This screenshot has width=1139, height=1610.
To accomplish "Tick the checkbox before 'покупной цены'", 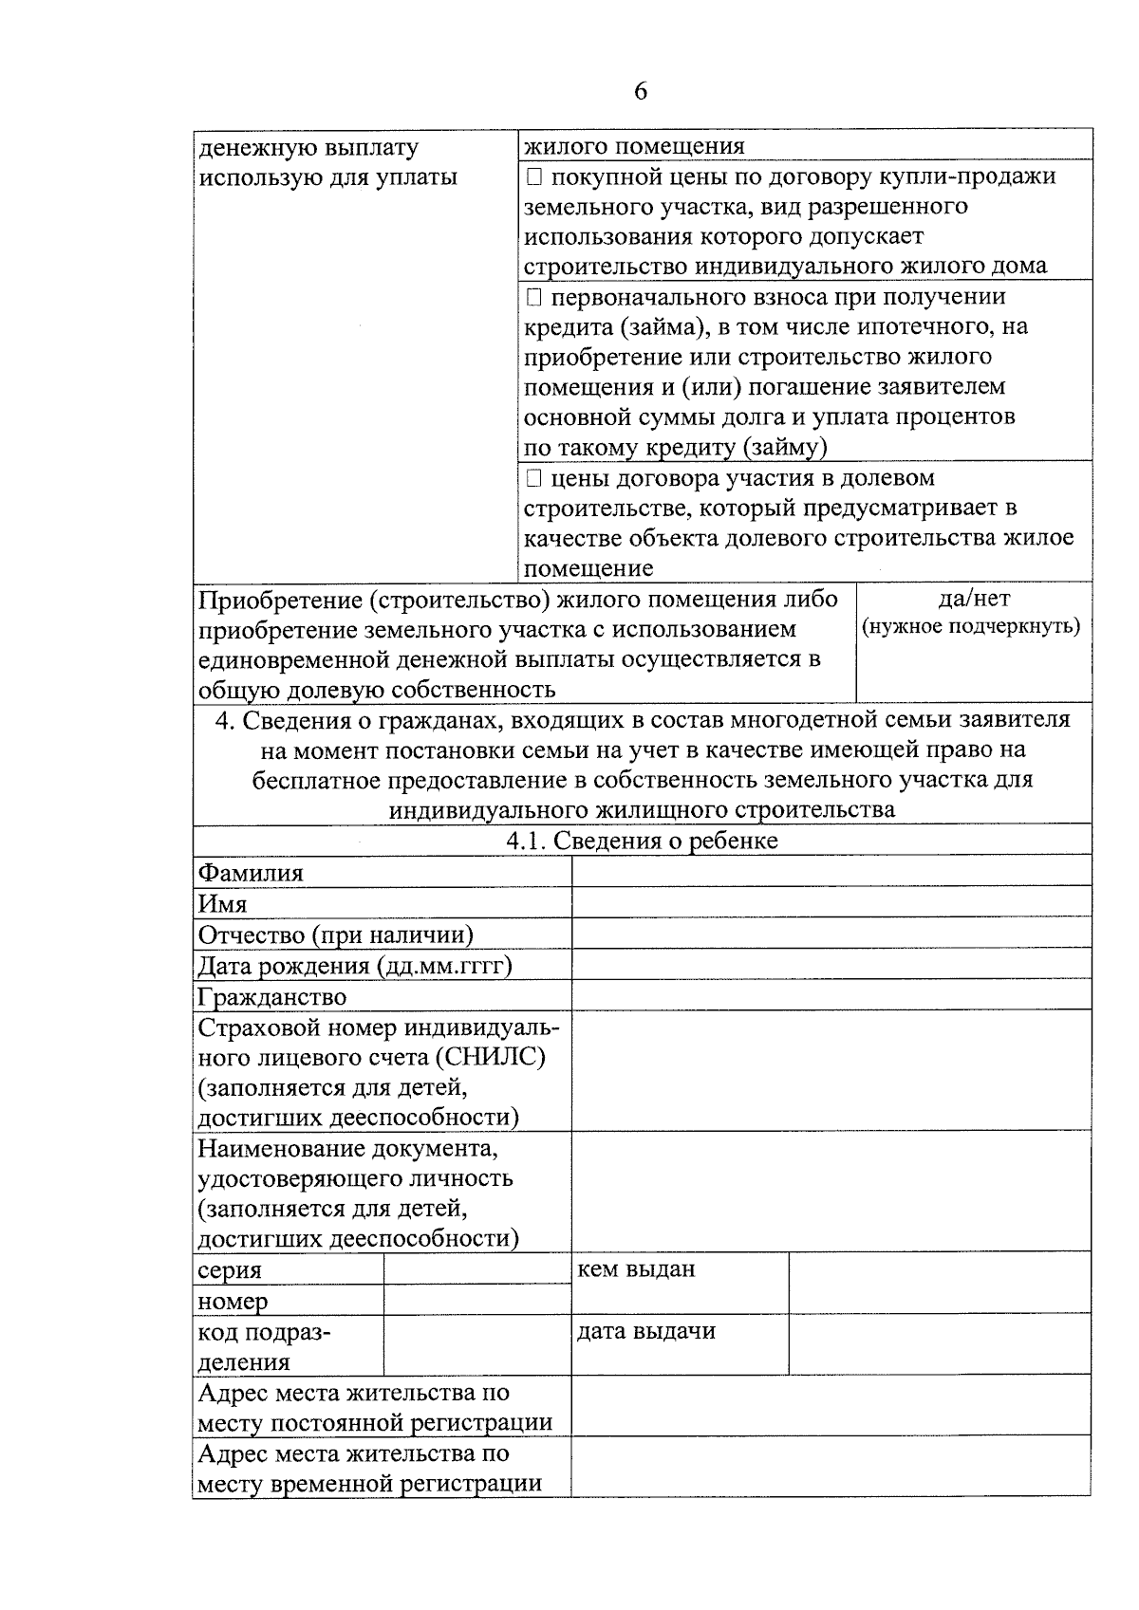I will (x=533, y=176).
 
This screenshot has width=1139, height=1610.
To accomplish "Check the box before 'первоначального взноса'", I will (x=533, y=298).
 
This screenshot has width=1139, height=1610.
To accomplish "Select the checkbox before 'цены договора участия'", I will (x=533, y=478).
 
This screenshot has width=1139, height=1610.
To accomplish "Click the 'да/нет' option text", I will (x=973, y=599).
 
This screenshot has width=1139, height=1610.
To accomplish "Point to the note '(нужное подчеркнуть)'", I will (x=971, y=627).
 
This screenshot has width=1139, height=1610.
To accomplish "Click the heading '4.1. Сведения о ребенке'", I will (x=642, y=841).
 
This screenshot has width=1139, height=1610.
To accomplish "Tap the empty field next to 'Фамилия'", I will (x=831, y=872).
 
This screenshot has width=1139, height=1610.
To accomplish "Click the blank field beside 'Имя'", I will (x=831, y=902).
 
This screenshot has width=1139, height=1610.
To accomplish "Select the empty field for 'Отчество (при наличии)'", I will (x=831, y=934).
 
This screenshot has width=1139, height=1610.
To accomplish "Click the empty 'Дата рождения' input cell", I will (x=831, y=965).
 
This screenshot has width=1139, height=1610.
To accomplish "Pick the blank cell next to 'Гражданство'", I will (x=831, y=995).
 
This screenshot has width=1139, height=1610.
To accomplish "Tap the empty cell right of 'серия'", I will (x=476, y=1269).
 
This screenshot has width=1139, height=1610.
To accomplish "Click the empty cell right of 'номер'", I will (x=476, y=1300).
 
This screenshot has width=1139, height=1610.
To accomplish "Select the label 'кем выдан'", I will (x=636, y=1269).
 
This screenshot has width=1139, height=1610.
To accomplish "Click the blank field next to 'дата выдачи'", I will (x=939, y=1344).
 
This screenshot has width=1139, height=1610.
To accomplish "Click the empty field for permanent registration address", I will (x=831, y=1405).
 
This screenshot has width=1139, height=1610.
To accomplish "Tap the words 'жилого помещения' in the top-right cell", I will (x=634, y=146).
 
